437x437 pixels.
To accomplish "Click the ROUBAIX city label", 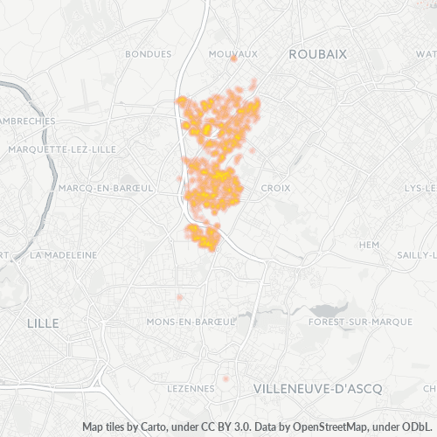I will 318,53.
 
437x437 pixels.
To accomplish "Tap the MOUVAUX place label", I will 234,53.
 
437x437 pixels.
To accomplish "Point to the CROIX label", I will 275,188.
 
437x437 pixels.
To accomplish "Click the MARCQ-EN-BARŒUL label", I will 107,188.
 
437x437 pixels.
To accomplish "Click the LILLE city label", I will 43,323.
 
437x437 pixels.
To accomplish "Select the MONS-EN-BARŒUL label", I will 191,322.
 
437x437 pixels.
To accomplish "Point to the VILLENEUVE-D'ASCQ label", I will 316,387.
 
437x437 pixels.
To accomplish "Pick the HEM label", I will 371,244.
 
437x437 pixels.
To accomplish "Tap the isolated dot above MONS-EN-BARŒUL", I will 179,297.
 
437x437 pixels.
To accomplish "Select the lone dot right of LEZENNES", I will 225,378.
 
